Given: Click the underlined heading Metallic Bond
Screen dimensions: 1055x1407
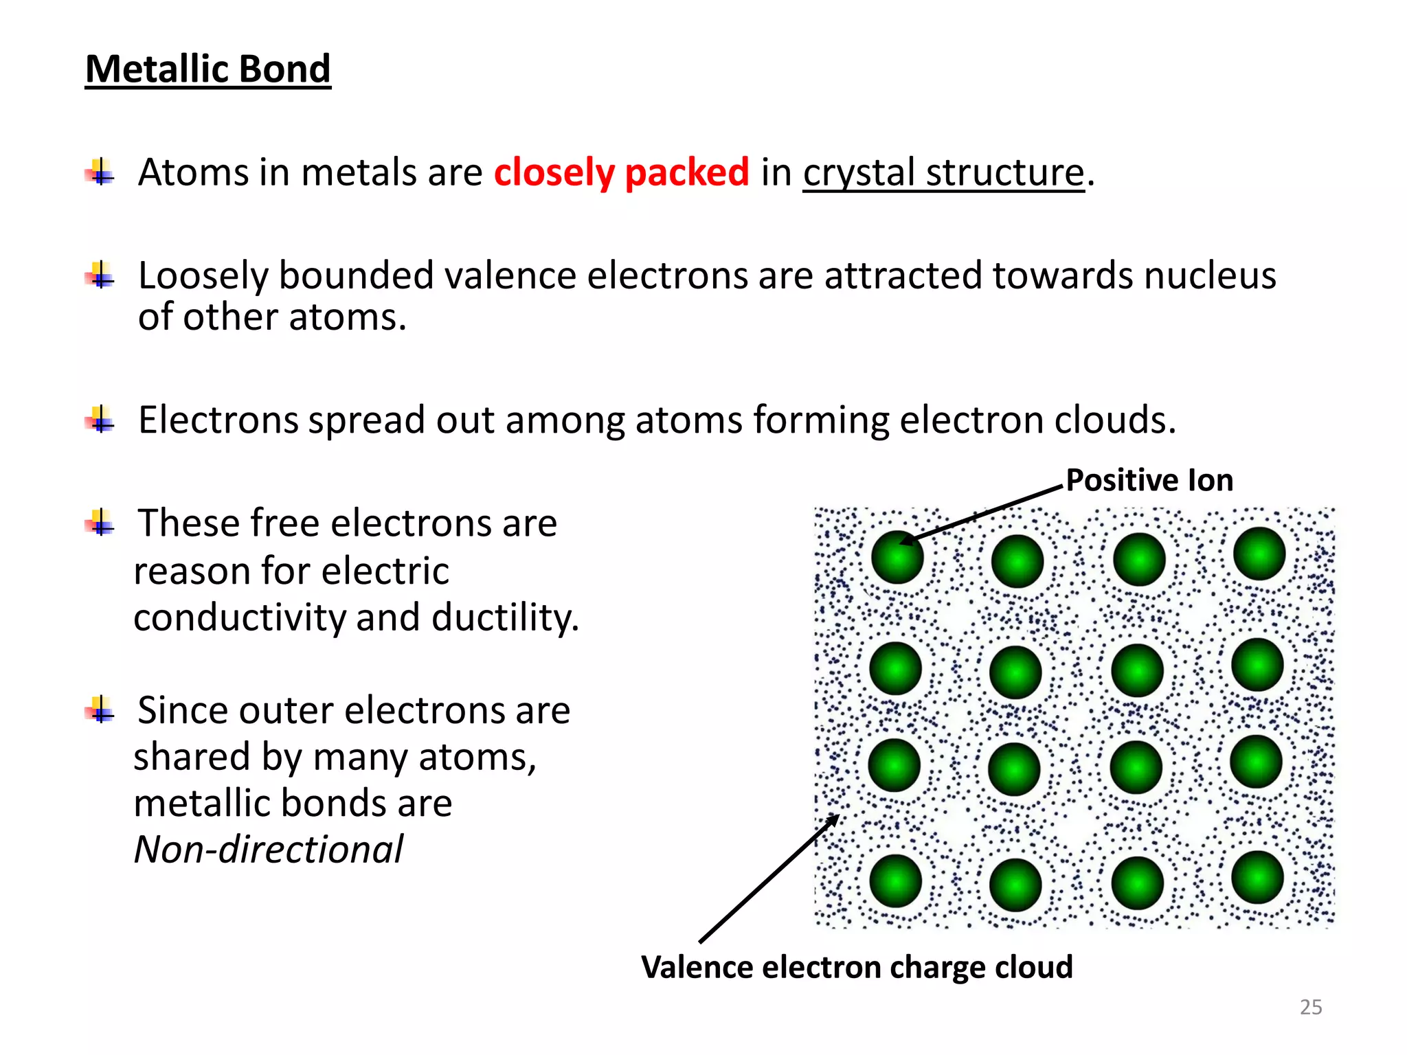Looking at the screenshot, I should click(207, 69).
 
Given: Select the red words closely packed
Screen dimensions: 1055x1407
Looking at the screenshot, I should click(621, 172).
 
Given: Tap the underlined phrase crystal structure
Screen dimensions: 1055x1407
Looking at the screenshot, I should click(943, 172).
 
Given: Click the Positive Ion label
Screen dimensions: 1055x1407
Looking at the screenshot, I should click(1149, 479).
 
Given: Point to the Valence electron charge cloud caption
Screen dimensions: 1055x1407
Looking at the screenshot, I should click(857, 966).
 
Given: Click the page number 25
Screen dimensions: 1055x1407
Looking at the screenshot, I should click(1311, 1007).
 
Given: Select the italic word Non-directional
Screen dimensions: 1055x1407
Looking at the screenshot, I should click(269, 850).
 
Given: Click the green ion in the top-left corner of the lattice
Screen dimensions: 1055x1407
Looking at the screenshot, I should click(897, 557).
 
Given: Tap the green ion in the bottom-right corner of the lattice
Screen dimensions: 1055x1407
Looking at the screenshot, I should click(1257, 877).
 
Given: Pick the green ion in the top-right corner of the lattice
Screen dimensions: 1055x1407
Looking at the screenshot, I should click(1259, 554).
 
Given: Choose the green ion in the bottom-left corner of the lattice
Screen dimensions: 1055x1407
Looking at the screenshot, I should click(895, 881).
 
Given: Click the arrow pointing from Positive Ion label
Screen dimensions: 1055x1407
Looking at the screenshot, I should click(982, 514).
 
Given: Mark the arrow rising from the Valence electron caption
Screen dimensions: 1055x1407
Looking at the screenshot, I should click(768, 879).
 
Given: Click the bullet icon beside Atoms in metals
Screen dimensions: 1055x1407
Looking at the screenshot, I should click(101, 172).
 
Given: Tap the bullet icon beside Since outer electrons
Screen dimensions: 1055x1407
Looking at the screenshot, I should click(101, 710).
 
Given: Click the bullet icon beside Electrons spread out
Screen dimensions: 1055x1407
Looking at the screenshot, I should click(101, 419).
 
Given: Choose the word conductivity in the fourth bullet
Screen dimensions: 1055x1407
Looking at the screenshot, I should click(239, 617).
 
